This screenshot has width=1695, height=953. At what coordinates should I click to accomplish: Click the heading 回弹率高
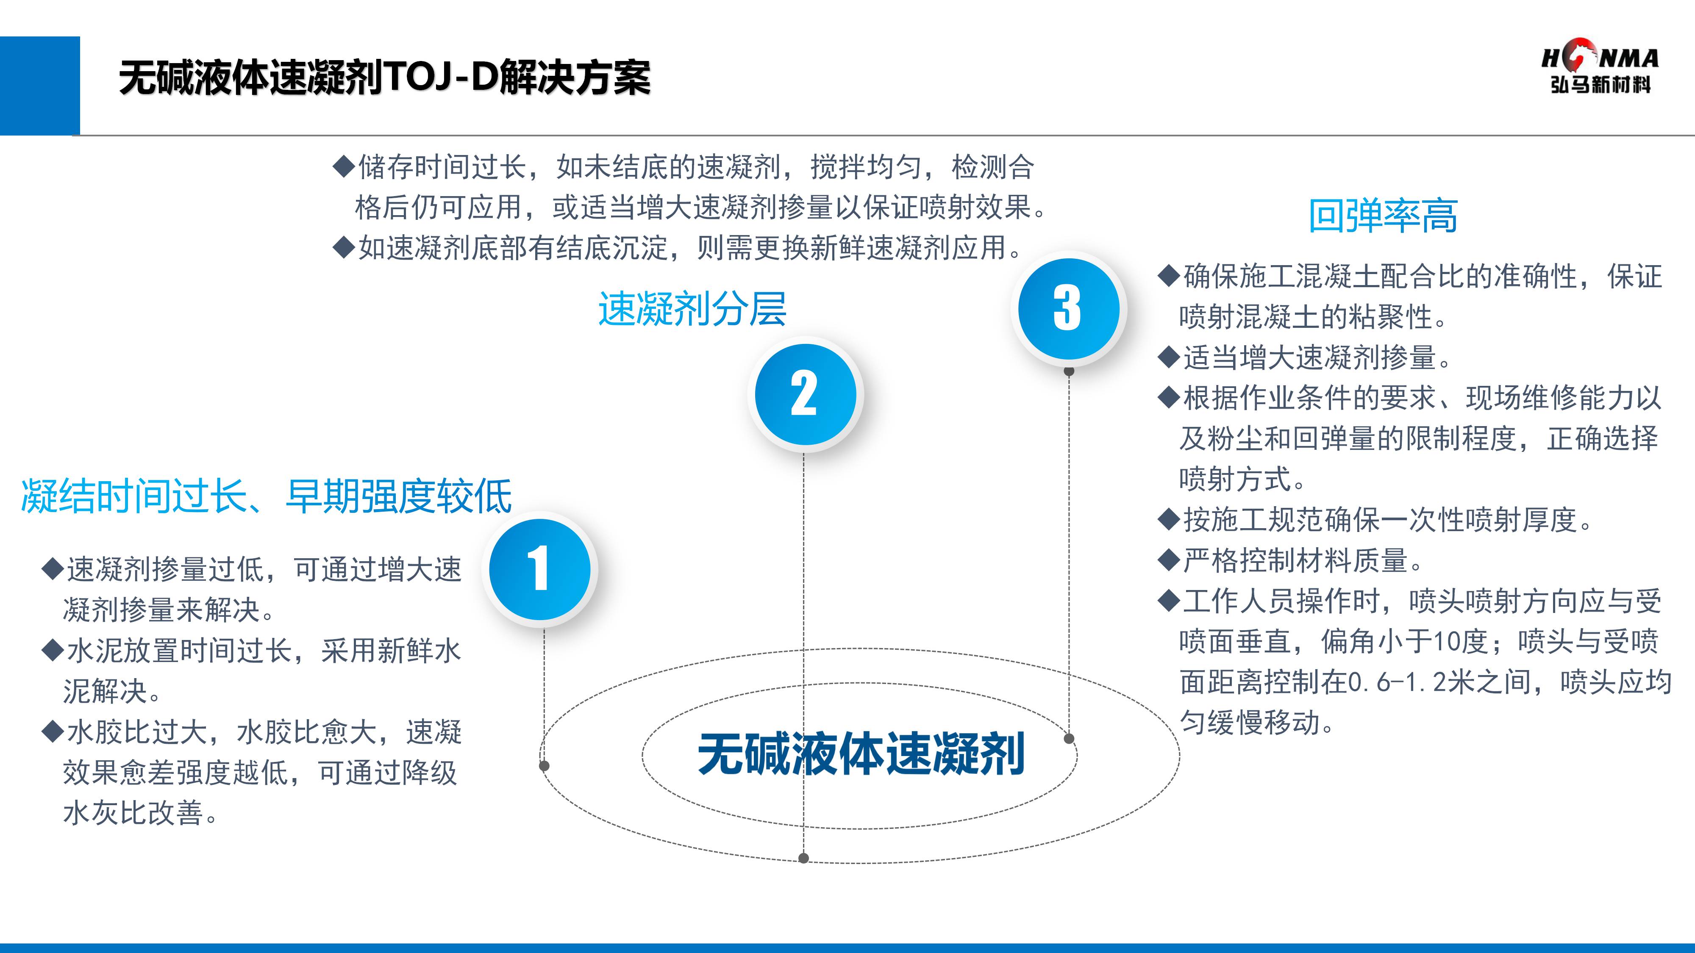pos(1382,216)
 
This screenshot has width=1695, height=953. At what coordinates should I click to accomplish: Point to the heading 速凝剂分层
pos(692,308)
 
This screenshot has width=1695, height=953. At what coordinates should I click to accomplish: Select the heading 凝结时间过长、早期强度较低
pos(267,496)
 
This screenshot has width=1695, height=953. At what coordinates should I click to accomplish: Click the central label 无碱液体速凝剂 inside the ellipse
pos(861,754)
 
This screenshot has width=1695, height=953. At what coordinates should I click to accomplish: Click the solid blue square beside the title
pos(39,86)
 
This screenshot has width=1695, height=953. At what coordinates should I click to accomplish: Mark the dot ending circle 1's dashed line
pos(544,765)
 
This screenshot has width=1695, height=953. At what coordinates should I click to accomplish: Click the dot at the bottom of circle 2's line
pos(803,858)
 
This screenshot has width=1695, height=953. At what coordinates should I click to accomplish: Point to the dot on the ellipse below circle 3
pos(1069,739)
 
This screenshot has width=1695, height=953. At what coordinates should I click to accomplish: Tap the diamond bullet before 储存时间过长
pos(344,167)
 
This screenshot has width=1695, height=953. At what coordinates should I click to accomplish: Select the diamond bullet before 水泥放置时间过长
pos(52,651)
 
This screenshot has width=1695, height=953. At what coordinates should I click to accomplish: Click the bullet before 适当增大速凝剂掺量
pos(1169,358)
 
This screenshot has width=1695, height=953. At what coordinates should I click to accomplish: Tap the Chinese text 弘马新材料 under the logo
pos(1600,85)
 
